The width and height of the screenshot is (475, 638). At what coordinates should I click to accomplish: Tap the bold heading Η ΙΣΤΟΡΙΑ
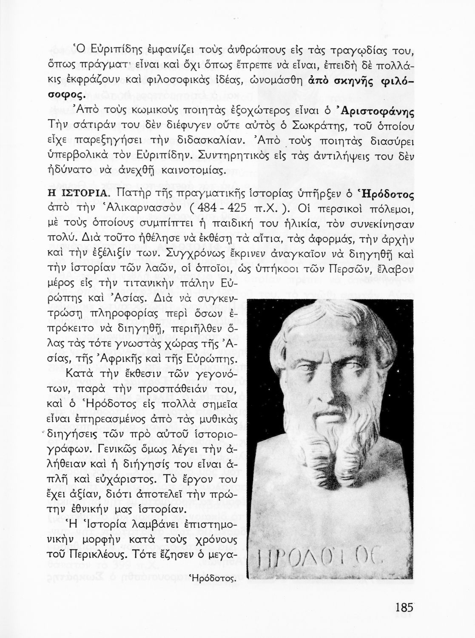click(79, 194)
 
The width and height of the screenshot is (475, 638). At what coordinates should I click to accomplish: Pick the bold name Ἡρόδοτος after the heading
click(385, 194)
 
